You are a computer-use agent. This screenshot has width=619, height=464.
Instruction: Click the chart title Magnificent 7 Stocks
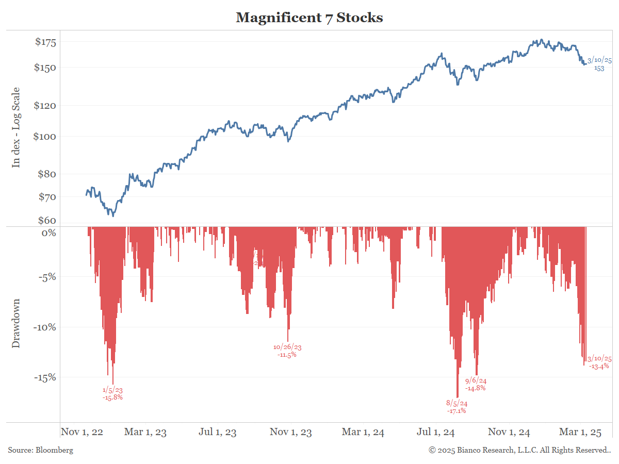click(x=309, y=18)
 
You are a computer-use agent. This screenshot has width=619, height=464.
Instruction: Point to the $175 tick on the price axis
click(x=45, y=42)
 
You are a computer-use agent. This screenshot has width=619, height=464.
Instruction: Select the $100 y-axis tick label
click(x=45, y=137)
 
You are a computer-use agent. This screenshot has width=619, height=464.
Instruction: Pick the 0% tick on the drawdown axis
click(x=49, y=233)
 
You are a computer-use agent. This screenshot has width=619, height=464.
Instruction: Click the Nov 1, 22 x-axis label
click(x=82, y=432)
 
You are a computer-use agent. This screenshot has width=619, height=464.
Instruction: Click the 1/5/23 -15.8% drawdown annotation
click(x=113, y=394)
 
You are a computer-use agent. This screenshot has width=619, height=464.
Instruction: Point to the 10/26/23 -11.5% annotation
click(x=287, y=351)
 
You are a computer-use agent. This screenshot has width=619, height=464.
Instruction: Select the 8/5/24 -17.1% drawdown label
click(x=457, y=407)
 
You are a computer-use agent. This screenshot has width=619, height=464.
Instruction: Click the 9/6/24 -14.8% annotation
click(x=476, y=385)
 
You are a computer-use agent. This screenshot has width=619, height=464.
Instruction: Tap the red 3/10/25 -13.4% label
click(x=599, y=362)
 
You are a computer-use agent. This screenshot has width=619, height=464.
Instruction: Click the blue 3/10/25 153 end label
click(x=599, y=64)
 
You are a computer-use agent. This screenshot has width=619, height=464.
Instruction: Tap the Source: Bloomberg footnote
click(x=41, y=450)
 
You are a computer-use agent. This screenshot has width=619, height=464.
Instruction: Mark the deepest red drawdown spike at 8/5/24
click(x=457, y=394)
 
